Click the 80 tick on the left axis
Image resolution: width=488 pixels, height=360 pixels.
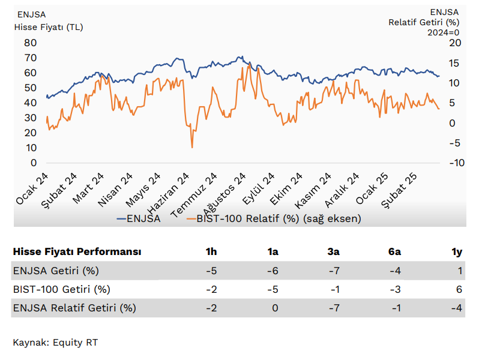(30, 43)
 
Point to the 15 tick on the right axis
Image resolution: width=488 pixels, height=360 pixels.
(455, 62)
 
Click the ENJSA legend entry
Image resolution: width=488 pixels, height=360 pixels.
(143, 218)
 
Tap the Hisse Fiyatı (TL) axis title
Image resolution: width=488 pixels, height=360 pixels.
(49, 26)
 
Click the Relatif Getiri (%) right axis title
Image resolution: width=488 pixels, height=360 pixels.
(424, 22)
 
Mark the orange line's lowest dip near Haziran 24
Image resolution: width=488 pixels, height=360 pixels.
(192, 147)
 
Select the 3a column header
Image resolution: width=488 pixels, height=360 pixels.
(334, 251)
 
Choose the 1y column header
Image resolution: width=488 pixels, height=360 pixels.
(457, 251)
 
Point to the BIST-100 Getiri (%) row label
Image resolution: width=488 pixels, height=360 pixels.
(61, 289)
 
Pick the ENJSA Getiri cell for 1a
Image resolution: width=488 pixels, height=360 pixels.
(273, 271)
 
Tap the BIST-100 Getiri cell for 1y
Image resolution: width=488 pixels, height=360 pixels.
(460, 289)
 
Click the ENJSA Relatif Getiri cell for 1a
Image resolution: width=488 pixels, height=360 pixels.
(275, 308)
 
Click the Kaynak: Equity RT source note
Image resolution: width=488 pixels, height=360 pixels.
(55, 343)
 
